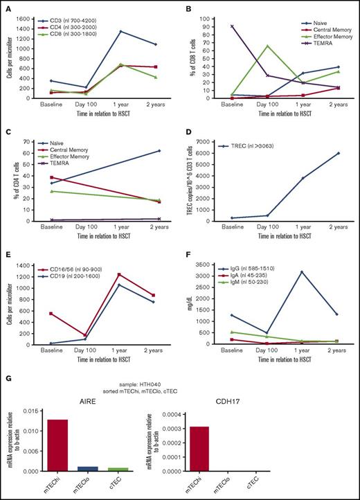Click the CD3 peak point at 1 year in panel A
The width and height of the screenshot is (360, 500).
pyautogui.click(x=120, y=31)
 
